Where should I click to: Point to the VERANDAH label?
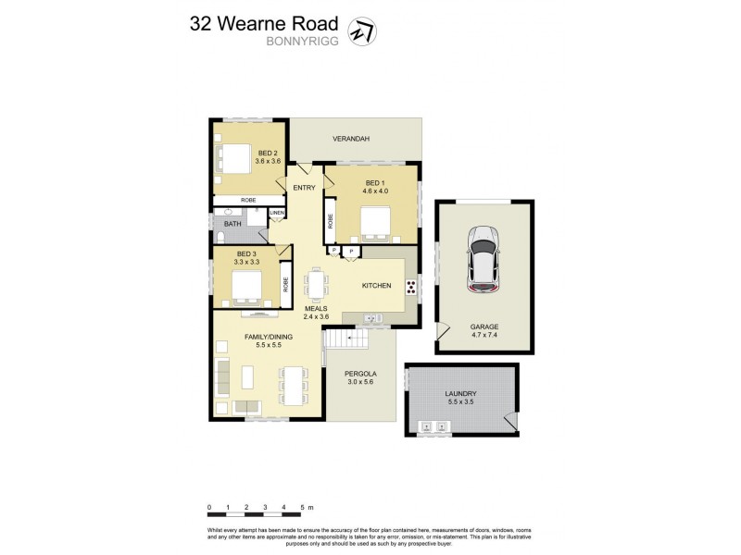[352, 139]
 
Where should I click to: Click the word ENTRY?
[304, 188]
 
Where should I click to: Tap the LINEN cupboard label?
[276, 214]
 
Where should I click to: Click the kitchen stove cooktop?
[410, 287]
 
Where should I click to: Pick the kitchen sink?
[372, 319]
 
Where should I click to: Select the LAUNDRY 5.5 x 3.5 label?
[459, 399]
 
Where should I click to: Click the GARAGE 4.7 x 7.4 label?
[484, 331]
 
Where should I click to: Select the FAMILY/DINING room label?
[269, 341]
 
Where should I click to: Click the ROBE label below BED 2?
[248, 200]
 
